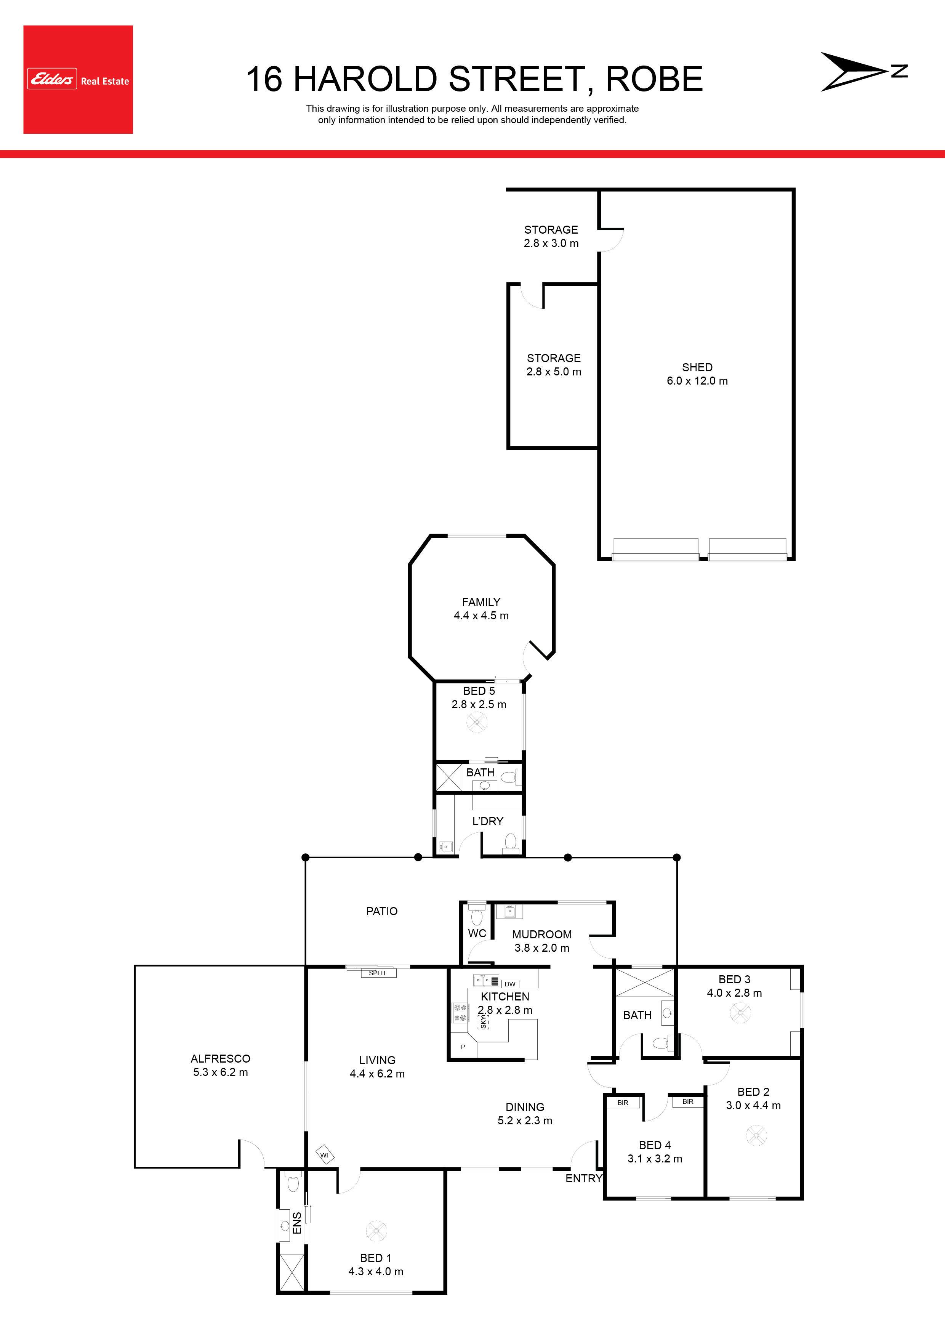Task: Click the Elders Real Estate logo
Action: (x=78, y=79)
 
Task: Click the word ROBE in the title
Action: (x=655, y=79)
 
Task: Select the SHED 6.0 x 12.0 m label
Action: (x=697, y=374)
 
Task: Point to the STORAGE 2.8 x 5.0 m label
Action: (x=554, y=364)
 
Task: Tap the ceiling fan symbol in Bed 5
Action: (x=477, y=723)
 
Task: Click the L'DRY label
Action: (x=488, y=821)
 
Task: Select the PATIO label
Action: (x=382, y=911)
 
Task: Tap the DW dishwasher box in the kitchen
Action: (x=510, y=984)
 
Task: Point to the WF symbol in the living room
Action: (x=325, y=1155)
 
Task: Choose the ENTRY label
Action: (x=583, y=1178)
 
